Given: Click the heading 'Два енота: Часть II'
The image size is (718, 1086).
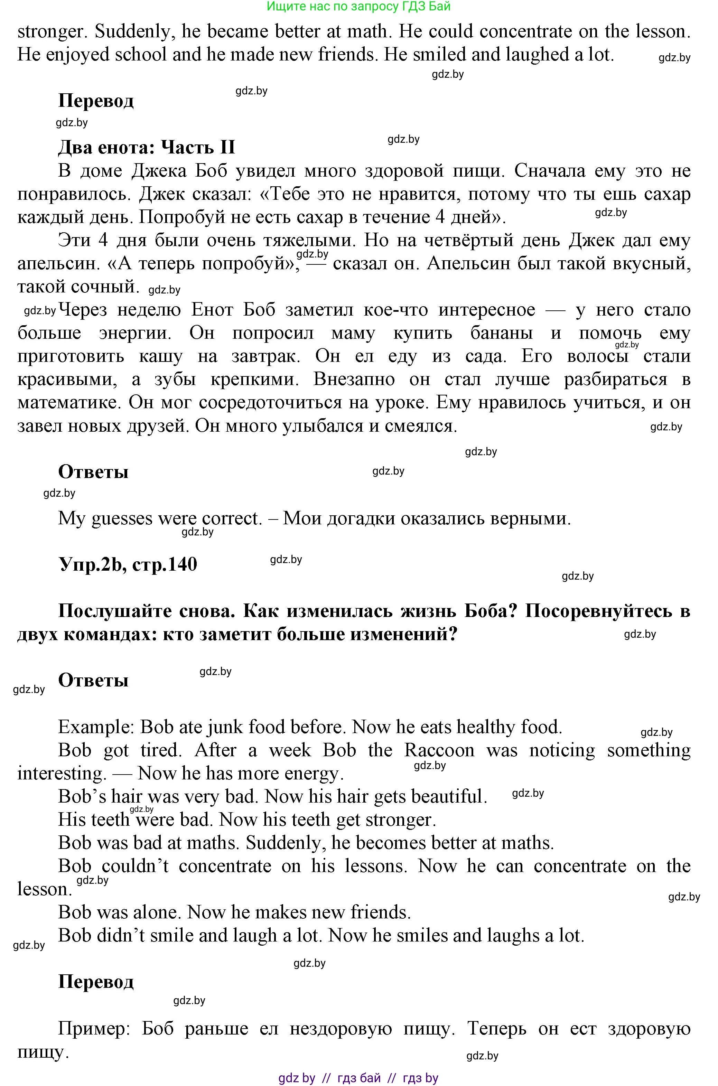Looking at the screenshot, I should [x=147, y=148].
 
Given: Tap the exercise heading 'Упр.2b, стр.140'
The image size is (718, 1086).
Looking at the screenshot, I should [x=128, y=564].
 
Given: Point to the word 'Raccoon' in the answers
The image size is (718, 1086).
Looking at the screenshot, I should [x=439, y=750].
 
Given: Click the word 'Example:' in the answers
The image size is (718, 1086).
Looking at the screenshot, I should [x=96, y=727].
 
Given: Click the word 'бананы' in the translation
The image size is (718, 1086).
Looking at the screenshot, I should [x=501, y=333].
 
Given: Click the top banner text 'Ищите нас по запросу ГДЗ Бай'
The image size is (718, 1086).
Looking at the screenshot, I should [x=358, y=7].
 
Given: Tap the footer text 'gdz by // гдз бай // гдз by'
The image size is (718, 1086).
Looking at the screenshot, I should [x=358, y=1078].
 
